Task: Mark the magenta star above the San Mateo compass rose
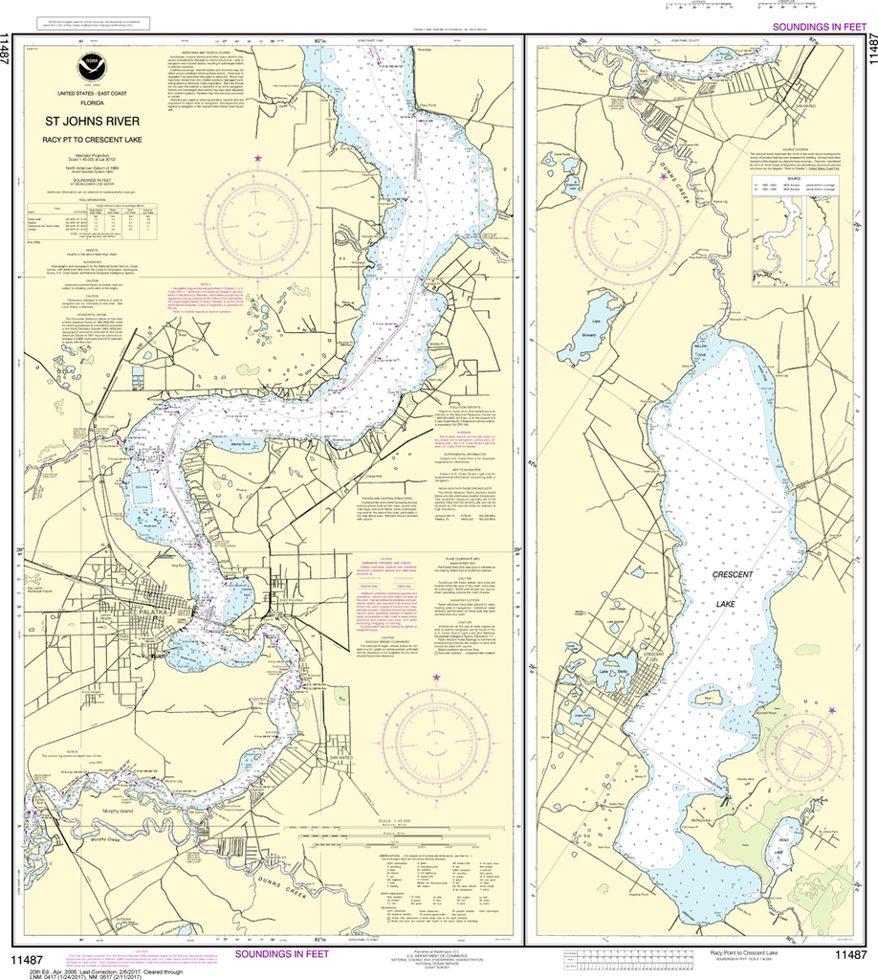coord(437,678)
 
